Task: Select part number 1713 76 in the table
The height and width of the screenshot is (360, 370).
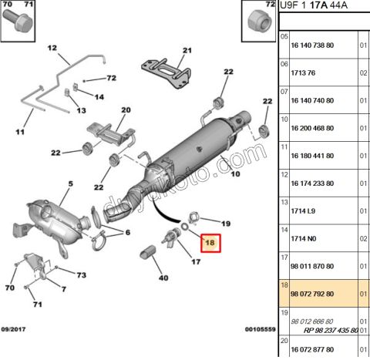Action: tap(304, 72)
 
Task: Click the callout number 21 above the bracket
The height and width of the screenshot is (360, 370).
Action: tap(186, 51)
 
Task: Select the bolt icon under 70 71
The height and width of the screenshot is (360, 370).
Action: tap(18, 26)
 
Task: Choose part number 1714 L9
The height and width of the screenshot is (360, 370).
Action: tap(304, 210)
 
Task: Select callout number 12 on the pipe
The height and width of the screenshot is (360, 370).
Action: tap(52, 49)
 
